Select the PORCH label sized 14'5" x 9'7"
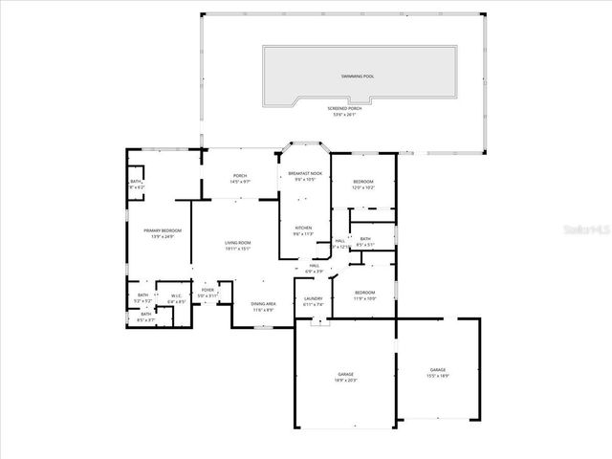point(240,177)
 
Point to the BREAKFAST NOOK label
point(305,173)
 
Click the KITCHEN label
point(302,229)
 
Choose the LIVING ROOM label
point(237,244)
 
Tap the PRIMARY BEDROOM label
point(163,231)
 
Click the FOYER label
point(208,289)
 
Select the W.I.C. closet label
point(176,296)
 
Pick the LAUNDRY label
point(314,298)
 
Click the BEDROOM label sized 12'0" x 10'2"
point(363,182)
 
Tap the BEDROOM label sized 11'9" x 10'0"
point(364,293)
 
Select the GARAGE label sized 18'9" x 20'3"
point(345,374)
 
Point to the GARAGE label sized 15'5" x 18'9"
point(437,370)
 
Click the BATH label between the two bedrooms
point(365,239)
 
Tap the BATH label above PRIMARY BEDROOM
point(136,183)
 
